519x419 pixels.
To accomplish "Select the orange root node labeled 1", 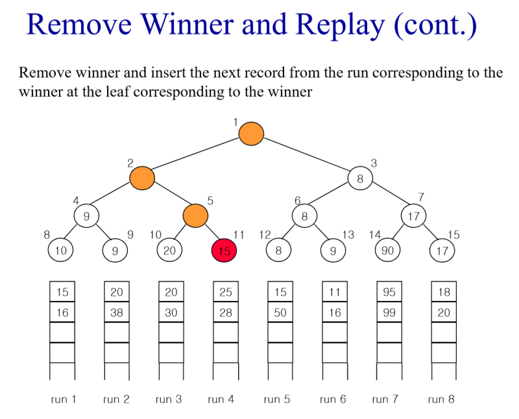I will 251,134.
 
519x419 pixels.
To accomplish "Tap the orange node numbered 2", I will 142,178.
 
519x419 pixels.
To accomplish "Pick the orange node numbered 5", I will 194,215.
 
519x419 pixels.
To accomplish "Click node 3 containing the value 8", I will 360,178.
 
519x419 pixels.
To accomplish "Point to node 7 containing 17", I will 413,215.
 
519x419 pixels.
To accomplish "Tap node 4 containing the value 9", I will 86,215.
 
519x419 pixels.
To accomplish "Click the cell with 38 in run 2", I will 117,312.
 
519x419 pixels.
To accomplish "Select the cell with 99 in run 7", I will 389,312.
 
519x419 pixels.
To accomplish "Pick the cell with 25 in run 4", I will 226,292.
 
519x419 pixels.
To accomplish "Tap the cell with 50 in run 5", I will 280,312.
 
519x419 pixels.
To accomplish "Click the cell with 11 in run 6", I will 335,292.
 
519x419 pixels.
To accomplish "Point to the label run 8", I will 441,400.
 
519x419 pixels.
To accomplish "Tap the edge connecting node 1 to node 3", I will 305,156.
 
